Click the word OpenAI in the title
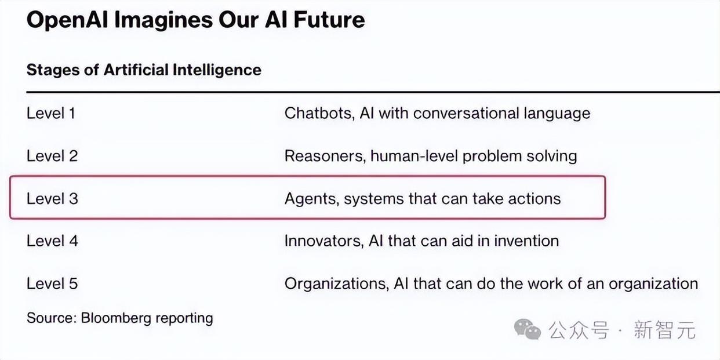(67, 20)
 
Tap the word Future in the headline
(329, 20)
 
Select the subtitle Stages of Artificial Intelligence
(144, 70)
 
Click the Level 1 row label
(51, 113)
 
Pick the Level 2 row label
(52, 156)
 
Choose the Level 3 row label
(52, 199)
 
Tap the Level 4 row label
(52, 241)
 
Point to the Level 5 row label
(52, 284)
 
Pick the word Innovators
(324, 241)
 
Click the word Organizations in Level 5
(337, 284)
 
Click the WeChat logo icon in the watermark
(527, 329)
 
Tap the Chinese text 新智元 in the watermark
(665, 330)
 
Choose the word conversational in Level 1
(466, 113)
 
